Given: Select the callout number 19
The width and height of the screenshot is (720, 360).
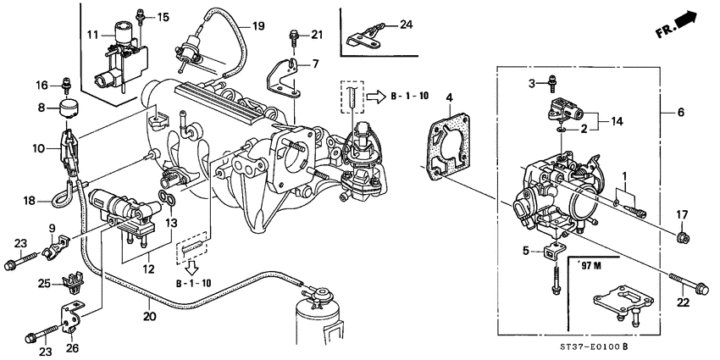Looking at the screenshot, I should [258, 25].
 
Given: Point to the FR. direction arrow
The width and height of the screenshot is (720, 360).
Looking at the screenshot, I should [680, 25].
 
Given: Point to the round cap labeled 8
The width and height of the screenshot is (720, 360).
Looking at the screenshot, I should [64, 109].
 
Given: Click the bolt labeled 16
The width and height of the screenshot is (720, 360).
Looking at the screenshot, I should [64, 85].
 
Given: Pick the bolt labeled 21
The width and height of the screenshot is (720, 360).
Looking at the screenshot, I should [294, 36].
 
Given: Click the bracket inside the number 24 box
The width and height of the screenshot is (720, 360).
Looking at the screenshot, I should [366, 36].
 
